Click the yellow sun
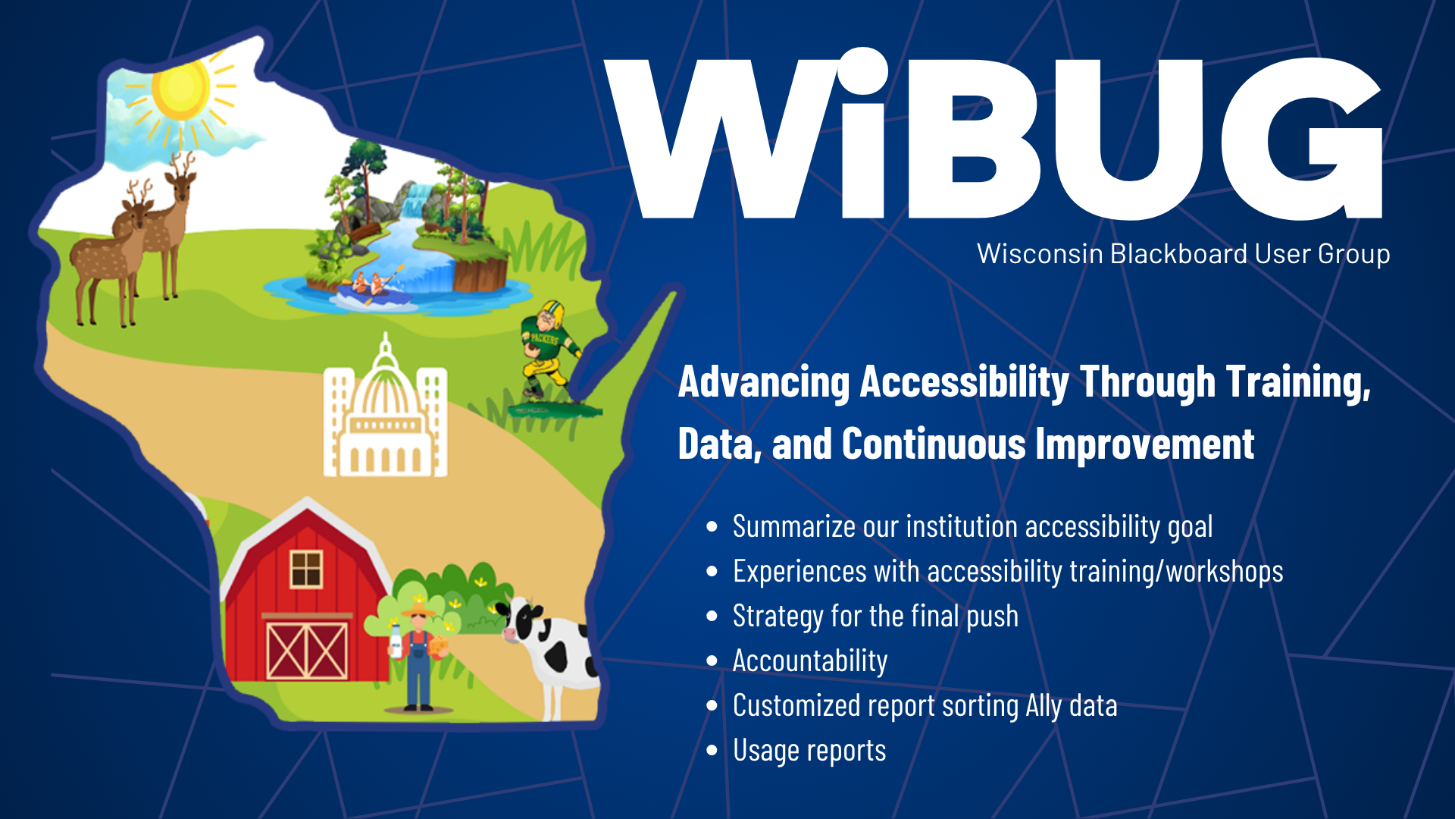[x=180, y=90]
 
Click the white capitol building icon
[x=385, y=409]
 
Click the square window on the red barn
[x=306, y=569]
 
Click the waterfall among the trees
[x=414, y=200]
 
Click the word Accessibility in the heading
[x=964, y=382]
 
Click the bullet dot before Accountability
[x=712, y=661]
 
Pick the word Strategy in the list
[x=778, y=617]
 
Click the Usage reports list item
[x=809, y=752]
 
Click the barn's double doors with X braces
[x=307, y=650]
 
